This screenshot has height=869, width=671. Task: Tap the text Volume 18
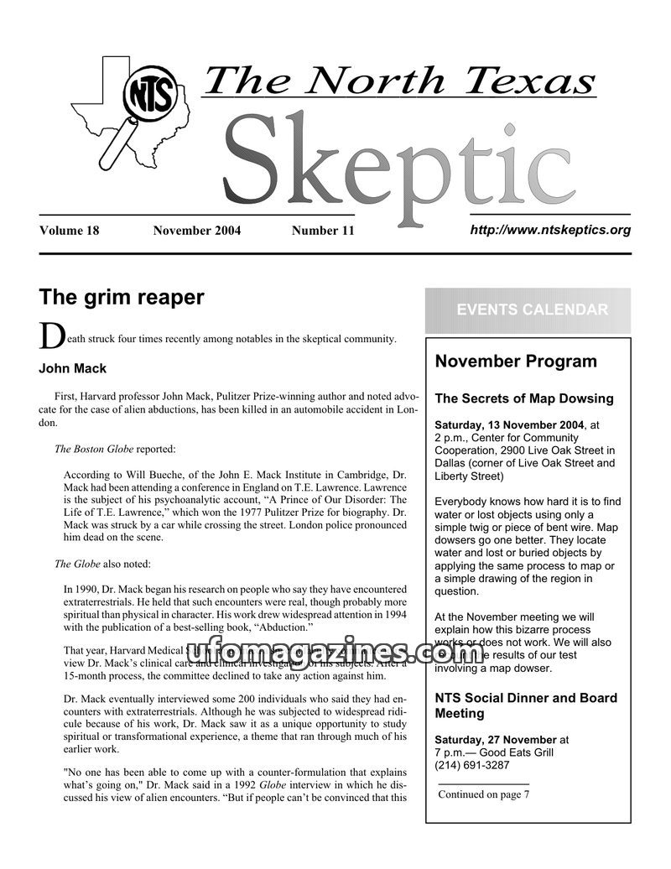pos(69,231)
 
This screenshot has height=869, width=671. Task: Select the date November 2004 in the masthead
pos(197,231)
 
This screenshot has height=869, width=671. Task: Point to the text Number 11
pos(323,231)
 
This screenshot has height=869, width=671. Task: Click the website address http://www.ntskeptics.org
pos(550,229)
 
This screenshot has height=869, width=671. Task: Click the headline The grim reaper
pos(122,297)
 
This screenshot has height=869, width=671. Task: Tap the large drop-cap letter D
pos(50,336)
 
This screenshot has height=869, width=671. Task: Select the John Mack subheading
pos(73,367)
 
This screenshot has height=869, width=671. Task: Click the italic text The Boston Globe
pos(93,449)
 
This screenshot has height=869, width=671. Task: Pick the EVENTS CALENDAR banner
pos(533,310)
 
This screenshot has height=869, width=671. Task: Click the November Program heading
pos(516,362)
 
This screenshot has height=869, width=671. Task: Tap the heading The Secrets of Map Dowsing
pos(524,398)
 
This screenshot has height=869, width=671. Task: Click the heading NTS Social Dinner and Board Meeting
pos(525,705)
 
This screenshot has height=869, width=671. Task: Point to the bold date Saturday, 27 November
pos(495,739)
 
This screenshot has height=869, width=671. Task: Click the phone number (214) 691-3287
pos(471,764)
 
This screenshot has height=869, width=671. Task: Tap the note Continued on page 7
pos(484,794)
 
